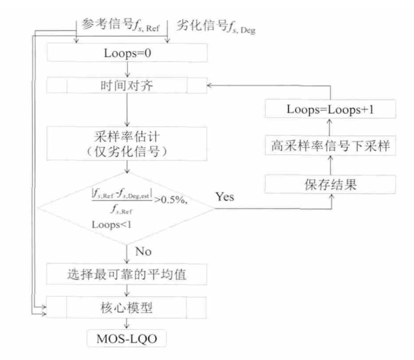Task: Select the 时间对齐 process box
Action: [x=128, y=86]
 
